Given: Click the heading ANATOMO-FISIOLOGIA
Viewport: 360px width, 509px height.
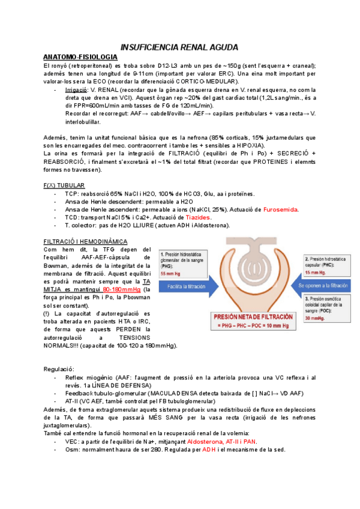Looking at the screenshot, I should pos(80,56).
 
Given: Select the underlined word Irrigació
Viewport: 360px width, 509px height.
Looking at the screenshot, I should pos(78,89).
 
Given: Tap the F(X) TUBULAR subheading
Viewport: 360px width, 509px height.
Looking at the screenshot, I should pos(64,185).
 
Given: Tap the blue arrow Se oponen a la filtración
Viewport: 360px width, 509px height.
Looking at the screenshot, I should pos(323,286).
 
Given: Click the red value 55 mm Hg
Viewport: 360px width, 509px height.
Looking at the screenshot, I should pos(171,274).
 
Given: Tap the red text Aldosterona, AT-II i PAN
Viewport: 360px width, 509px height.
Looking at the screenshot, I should pos(222,441).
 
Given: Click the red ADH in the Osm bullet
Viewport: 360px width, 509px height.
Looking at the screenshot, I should pos(209,450).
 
